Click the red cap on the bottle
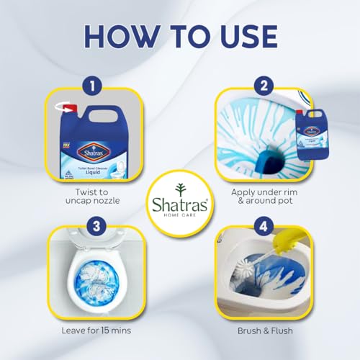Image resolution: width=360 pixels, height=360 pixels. tap(69, 109)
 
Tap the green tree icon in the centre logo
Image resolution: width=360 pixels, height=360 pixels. tap(180, 185)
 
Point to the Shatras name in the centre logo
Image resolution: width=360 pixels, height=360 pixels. tap(180, 202)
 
